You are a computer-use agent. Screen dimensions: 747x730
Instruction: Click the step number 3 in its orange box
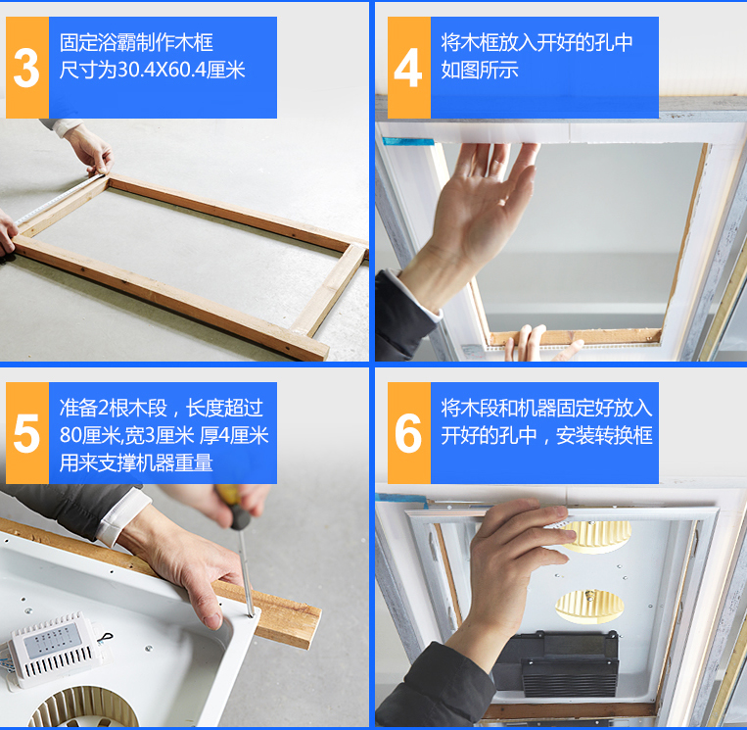pos(26,69)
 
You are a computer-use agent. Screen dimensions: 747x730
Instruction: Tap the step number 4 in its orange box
pos(408,69)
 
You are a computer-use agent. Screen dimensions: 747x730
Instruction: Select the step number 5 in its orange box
pos(26,433)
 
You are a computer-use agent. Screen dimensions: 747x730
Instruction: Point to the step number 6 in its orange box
pos(408,433)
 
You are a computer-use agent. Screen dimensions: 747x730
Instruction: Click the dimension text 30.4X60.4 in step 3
pos(162,71)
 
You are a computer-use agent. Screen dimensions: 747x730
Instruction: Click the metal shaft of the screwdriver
pos(246,572)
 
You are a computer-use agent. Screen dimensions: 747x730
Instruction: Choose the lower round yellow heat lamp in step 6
pos(589,606)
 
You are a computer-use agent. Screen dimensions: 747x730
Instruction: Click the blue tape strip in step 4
pos(408,141)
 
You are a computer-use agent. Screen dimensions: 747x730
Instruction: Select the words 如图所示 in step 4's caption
pos(480,71)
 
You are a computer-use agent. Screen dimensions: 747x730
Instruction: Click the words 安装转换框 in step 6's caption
pos(604,435)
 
